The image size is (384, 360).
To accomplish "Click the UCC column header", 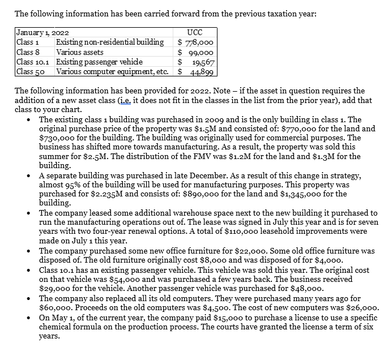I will point(194,33).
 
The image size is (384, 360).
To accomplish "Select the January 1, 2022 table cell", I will point(39,33).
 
